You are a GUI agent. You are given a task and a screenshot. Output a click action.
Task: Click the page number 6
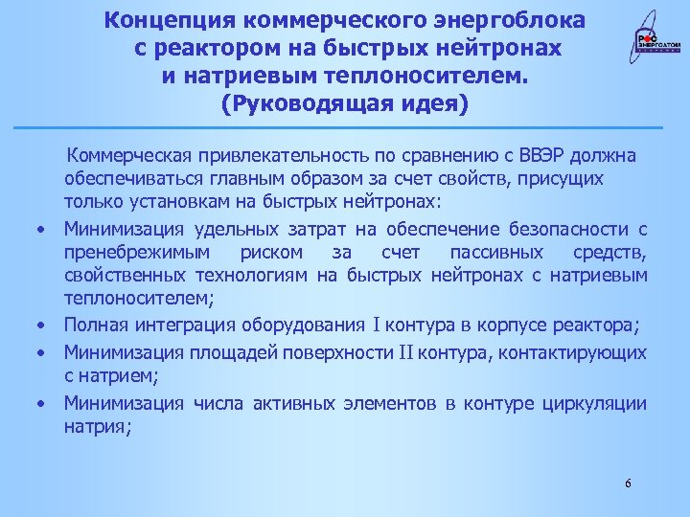(x=628, y=483)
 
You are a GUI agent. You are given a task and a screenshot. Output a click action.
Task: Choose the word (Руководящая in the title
(x=292, y=101)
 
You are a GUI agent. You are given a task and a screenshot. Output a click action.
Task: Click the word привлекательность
(x=283, y=156)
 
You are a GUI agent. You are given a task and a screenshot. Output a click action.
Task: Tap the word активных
(x=295, y=403)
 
